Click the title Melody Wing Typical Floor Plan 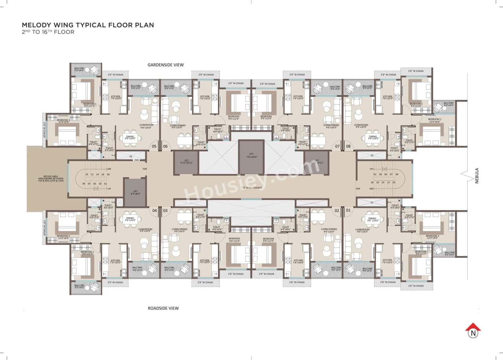coord(88,25)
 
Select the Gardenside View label coord(165,65)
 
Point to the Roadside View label coord(163,308)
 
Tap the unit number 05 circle coord(154,147)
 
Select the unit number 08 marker coord(348,147)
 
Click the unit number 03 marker coord(165,211)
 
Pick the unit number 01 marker coord(348,211)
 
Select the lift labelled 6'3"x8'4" coord(135,192)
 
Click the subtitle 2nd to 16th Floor coord(48,32)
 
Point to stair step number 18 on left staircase coord(108,174)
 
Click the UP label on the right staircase coord(371,169)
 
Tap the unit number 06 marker coord(165,147)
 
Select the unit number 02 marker coord(337,211)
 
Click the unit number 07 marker coord(337,147)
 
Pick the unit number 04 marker coord(154,211)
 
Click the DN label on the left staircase coord(109,169)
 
